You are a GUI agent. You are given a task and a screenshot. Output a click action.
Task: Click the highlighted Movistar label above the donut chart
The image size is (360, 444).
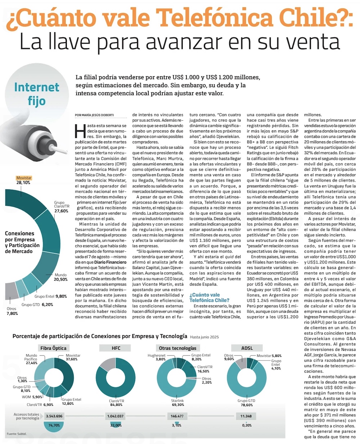pyautogui.click(x=24, y=178)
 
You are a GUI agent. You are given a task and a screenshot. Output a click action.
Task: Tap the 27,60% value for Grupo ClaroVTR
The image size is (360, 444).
pyautogui.click(x=61, y=211)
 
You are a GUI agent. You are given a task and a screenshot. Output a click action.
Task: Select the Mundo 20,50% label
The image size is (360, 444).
pyautogui.click(x=61, y=277)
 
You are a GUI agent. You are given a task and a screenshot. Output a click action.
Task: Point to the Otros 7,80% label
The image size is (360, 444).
pyautogui.click(x=12, y=311)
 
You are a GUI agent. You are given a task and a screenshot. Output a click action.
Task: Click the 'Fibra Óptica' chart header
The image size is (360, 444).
pyautogui.click(x=53, y=348)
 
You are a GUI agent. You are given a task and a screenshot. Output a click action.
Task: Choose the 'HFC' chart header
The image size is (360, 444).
pyautogui.click(x=116, y=348)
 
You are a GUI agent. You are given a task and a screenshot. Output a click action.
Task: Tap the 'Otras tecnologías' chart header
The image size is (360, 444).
pyautogui.click(x=177, y=348)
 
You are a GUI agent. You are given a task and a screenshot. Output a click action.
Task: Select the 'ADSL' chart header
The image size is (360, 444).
pyautogui.click(x=247, y=348)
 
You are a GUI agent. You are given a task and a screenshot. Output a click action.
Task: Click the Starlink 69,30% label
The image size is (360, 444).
pyautogui.click(x=177, y=403)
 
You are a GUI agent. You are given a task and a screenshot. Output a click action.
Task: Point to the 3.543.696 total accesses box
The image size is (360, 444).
pyautogui.click(x=54, y=416)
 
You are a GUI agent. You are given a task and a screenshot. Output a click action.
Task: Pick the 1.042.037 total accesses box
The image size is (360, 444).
pyautogui.click(x=116, y=416)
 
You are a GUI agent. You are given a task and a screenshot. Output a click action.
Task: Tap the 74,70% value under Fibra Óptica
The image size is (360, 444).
pyautogui.click(x=54, y=425)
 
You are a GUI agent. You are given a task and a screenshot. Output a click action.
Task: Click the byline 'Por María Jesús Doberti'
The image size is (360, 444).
pyautogui.click(x=94, y=115)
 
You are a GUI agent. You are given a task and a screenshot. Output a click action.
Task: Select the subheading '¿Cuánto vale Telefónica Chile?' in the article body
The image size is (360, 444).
pyautogui.click(x=210, y=297)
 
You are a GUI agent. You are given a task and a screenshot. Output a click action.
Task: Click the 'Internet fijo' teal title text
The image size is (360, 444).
pyautogui.click(x=37, y=94)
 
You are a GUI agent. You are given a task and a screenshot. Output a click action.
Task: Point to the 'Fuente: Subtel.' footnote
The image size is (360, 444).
pyautogui.click(x=17, y=434)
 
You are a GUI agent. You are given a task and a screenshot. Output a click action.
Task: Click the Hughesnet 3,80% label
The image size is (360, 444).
pyautogui.click(x=157, y=357)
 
